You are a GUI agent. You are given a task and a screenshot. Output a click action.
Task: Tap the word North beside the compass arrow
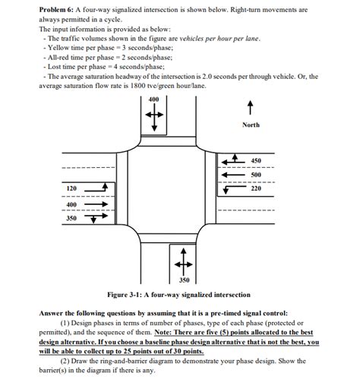pos(251,125)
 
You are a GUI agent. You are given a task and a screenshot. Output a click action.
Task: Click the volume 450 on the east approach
pos(256,161)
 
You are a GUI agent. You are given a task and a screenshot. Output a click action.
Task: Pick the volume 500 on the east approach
pos(256,175)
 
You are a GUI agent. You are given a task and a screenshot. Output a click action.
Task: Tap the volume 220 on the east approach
pos(256,188)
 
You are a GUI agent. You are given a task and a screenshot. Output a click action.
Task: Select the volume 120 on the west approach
pos(72,188)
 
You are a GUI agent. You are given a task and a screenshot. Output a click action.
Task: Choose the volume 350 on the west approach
pos(72,218)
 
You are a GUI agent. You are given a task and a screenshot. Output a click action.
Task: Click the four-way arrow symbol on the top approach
pos(153,115)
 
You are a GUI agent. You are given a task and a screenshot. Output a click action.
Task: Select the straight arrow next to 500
pos(230,175)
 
